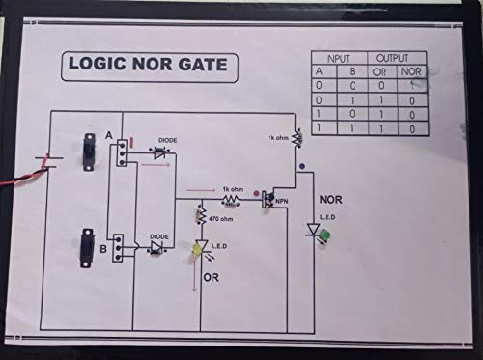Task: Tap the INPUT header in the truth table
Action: tap(338, 59)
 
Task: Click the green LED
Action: tap(327, 235)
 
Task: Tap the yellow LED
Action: tap(196, 251)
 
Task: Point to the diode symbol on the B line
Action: tap(155, 247)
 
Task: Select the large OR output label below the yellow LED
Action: tap(213, 278)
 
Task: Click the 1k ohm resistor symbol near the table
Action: tap(295, 141)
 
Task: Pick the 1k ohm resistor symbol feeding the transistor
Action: tap(231, 199)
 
